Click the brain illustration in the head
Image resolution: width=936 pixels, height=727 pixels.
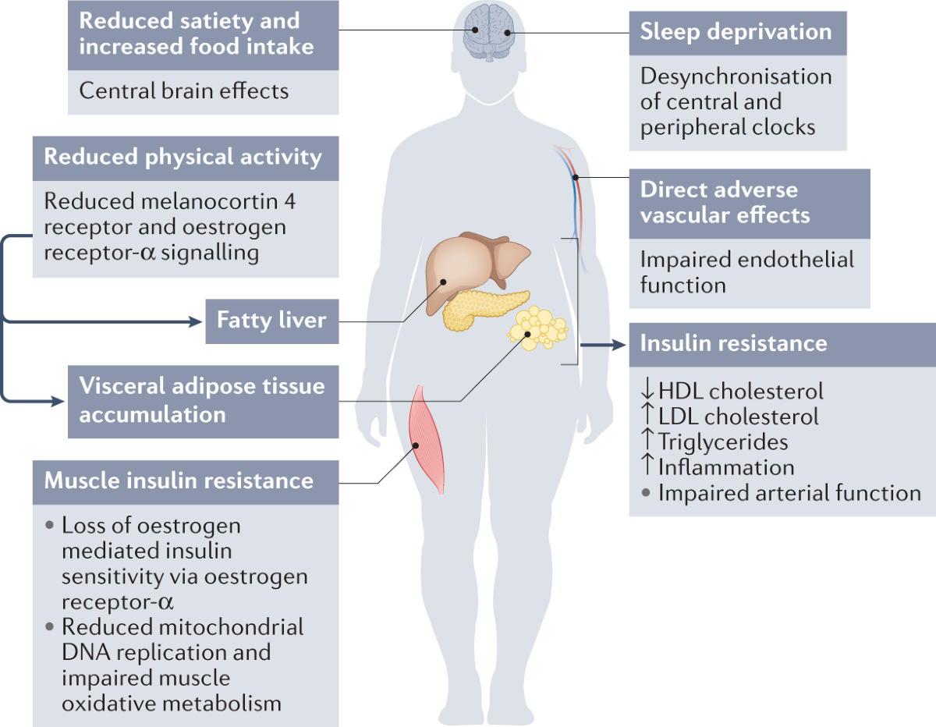489,32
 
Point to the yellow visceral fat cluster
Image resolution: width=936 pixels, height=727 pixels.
537,328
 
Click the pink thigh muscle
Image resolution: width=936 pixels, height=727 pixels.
427,439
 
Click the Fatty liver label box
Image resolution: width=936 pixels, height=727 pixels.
271,321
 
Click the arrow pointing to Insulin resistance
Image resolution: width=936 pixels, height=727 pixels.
603,345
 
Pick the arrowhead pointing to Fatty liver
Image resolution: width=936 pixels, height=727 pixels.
196,321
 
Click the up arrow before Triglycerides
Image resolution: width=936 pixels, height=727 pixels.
647,439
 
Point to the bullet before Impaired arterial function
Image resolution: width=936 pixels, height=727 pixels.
645,492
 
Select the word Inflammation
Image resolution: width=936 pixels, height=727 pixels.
726,467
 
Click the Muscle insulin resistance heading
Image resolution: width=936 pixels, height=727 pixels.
179,481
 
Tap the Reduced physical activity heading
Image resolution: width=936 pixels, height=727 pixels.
183,157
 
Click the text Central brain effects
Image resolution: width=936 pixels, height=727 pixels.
184,90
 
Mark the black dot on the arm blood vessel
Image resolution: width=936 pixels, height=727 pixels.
576,177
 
